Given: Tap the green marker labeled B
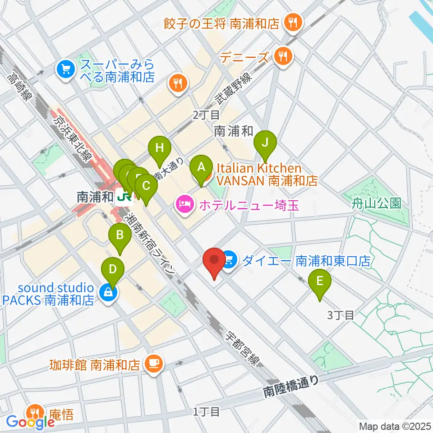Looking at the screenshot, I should point(120,235).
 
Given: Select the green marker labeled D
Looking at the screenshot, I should point(113,270).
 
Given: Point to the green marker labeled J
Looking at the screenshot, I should point(265,143).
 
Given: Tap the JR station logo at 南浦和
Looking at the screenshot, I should point(123,197).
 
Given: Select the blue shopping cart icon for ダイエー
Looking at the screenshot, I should point(230,260).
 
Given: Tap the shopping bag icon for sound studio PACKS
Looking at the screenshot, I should point(108,293).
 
